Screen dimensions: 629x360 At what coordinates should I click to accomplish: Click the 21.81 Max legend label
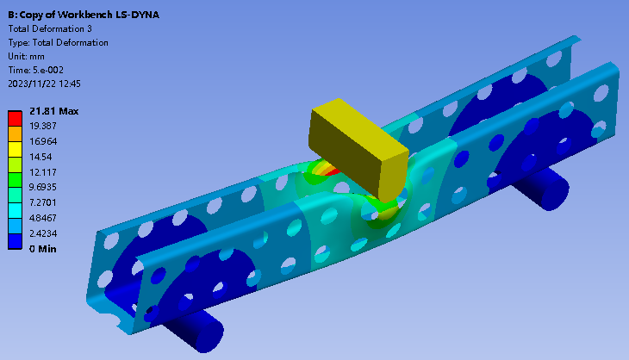(53, 111)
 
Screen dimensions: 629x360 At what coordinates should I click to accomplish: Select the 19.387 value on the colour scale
(43, 126)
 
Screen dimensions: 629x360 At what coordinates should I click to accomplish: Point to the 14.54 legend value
(40, 157)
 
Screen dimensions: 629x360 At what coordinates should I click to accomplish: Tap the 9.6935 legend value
(43, 187)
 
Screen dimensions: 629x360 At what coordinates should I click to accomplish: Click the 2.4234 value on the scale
(43, 233)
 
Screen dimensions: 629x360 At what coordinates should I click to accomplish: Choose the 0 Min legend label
(43, 249)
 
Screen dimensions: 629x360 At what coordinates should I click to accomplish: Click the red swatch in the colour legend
(15, 119)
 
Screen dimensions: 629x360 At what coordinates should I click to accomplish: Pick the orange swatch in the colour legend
(15, 133)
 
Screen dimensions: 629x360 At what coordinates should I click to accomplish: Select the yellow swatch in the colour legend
(15, 149)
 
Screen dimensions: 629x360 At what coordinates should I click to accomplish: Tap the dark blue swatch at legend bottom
(15, 242)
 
